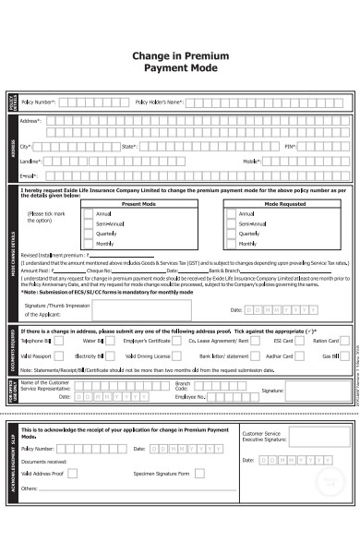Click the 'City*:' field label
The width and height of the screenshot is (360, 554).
pyautogui.click(x=26, y=146)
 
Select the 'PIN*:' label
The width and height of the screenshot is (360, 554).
pyautogui.click(x=289, y=146)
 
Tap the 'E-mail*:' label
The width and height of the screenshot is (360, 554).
pyautogui.click(x=28, y=175)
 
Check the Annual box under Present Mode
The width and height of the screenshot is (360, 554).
pyautogui.click(x=89, y=213)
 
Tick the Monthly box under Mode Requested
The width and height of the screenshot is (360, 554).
pyautogui.click(x=230, y=243)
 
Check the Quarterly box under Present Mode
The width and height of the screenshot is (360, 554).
pyautogui.click(x=89, y=233)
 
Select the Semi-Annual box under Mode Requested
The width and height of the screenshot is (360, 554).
pyautogui.click(x=230, y=223)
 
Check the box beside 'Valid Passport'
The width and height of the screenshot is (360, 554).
pyautogui.click(x=58, y=355)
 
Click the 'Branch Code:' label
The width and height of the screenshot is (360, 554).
pyautogui.click(x=183, y=385)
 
